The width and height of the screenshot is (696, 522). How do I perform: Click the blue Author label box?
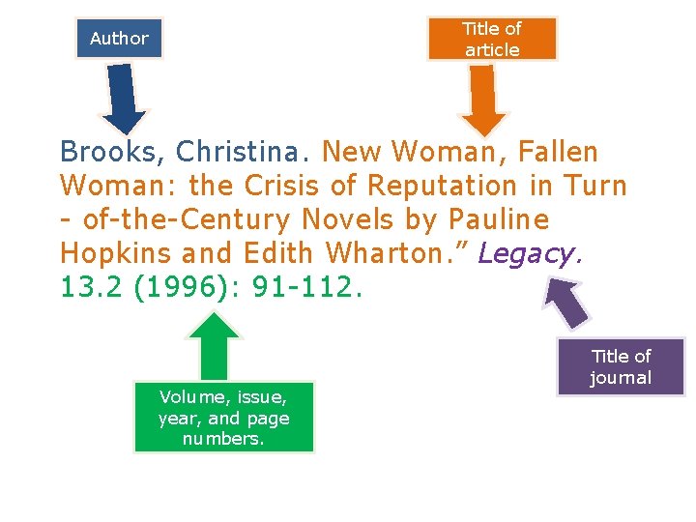coord(119,39)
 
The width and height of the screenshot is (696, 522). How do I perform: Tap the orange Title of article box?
coord(492,39)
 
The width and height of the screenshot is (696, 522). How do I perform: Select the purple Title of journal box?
coord(621,366)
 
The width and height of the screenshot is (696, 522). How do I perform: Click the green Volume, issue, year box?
coord(223,418)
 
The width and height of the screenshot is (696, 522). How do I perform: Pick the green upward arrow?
coord(214,346)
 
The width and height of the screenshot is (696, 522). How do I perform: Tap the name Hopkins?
coord(115,254)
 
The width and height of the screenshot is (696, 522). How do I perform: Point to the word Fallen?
coord(558,153)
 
